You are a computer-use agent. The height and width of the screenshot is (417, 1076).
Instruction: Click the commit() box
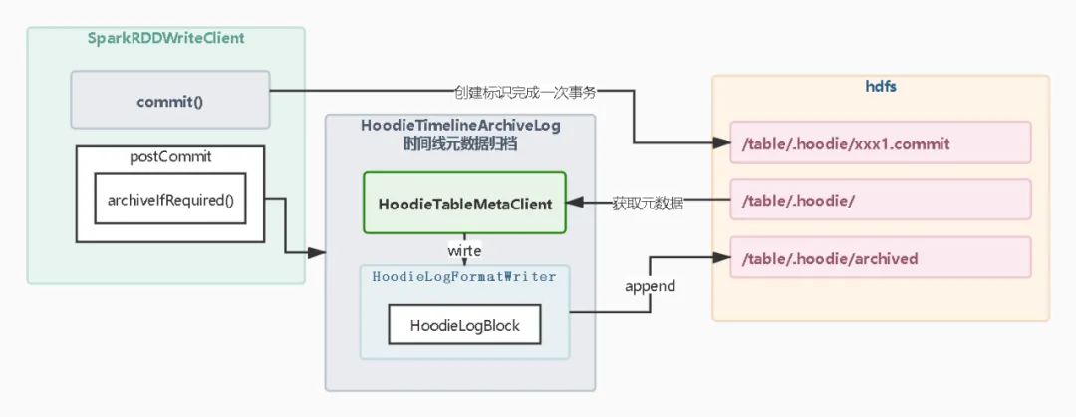click(x=169, y=101)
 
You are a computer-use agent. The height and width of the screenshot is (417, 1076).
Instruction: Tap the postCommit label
click(x=170, y=157)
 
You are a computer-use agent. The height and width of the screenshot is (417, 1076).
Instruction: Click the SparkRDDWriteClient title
click(x=165, y=38)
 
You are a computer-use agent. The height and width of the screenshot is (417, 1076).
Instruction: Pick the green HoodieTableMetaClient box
click(x=464, y=204)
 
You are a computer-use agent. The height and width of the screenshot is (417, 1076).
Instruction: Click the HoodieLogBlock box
click(x=465, y=325)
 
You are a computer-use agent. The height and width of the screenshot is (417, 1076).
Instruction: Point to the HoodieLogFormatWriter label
click(x=464, y=276)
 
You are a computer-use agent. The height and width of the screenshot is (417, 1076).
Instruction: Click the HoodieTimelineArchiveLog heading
click(x=459, y=125)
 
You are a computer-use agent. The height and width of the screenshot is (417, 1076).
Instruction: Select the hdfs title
click(x=881, y=86)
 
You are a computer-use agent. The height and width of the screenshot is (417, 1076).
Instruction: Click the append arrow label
click(x=650, y=286)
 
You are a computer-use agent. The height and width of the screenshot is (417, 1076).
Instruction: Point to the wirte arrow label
click(x=464, y=250)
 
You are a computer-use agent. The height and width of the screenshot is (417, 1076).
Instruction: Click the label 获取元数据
click(x=648, y=203)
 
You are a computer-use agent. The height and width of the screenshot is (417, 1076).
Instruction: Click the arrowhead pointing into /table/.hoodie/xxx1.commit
click(x=722, y=143)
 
